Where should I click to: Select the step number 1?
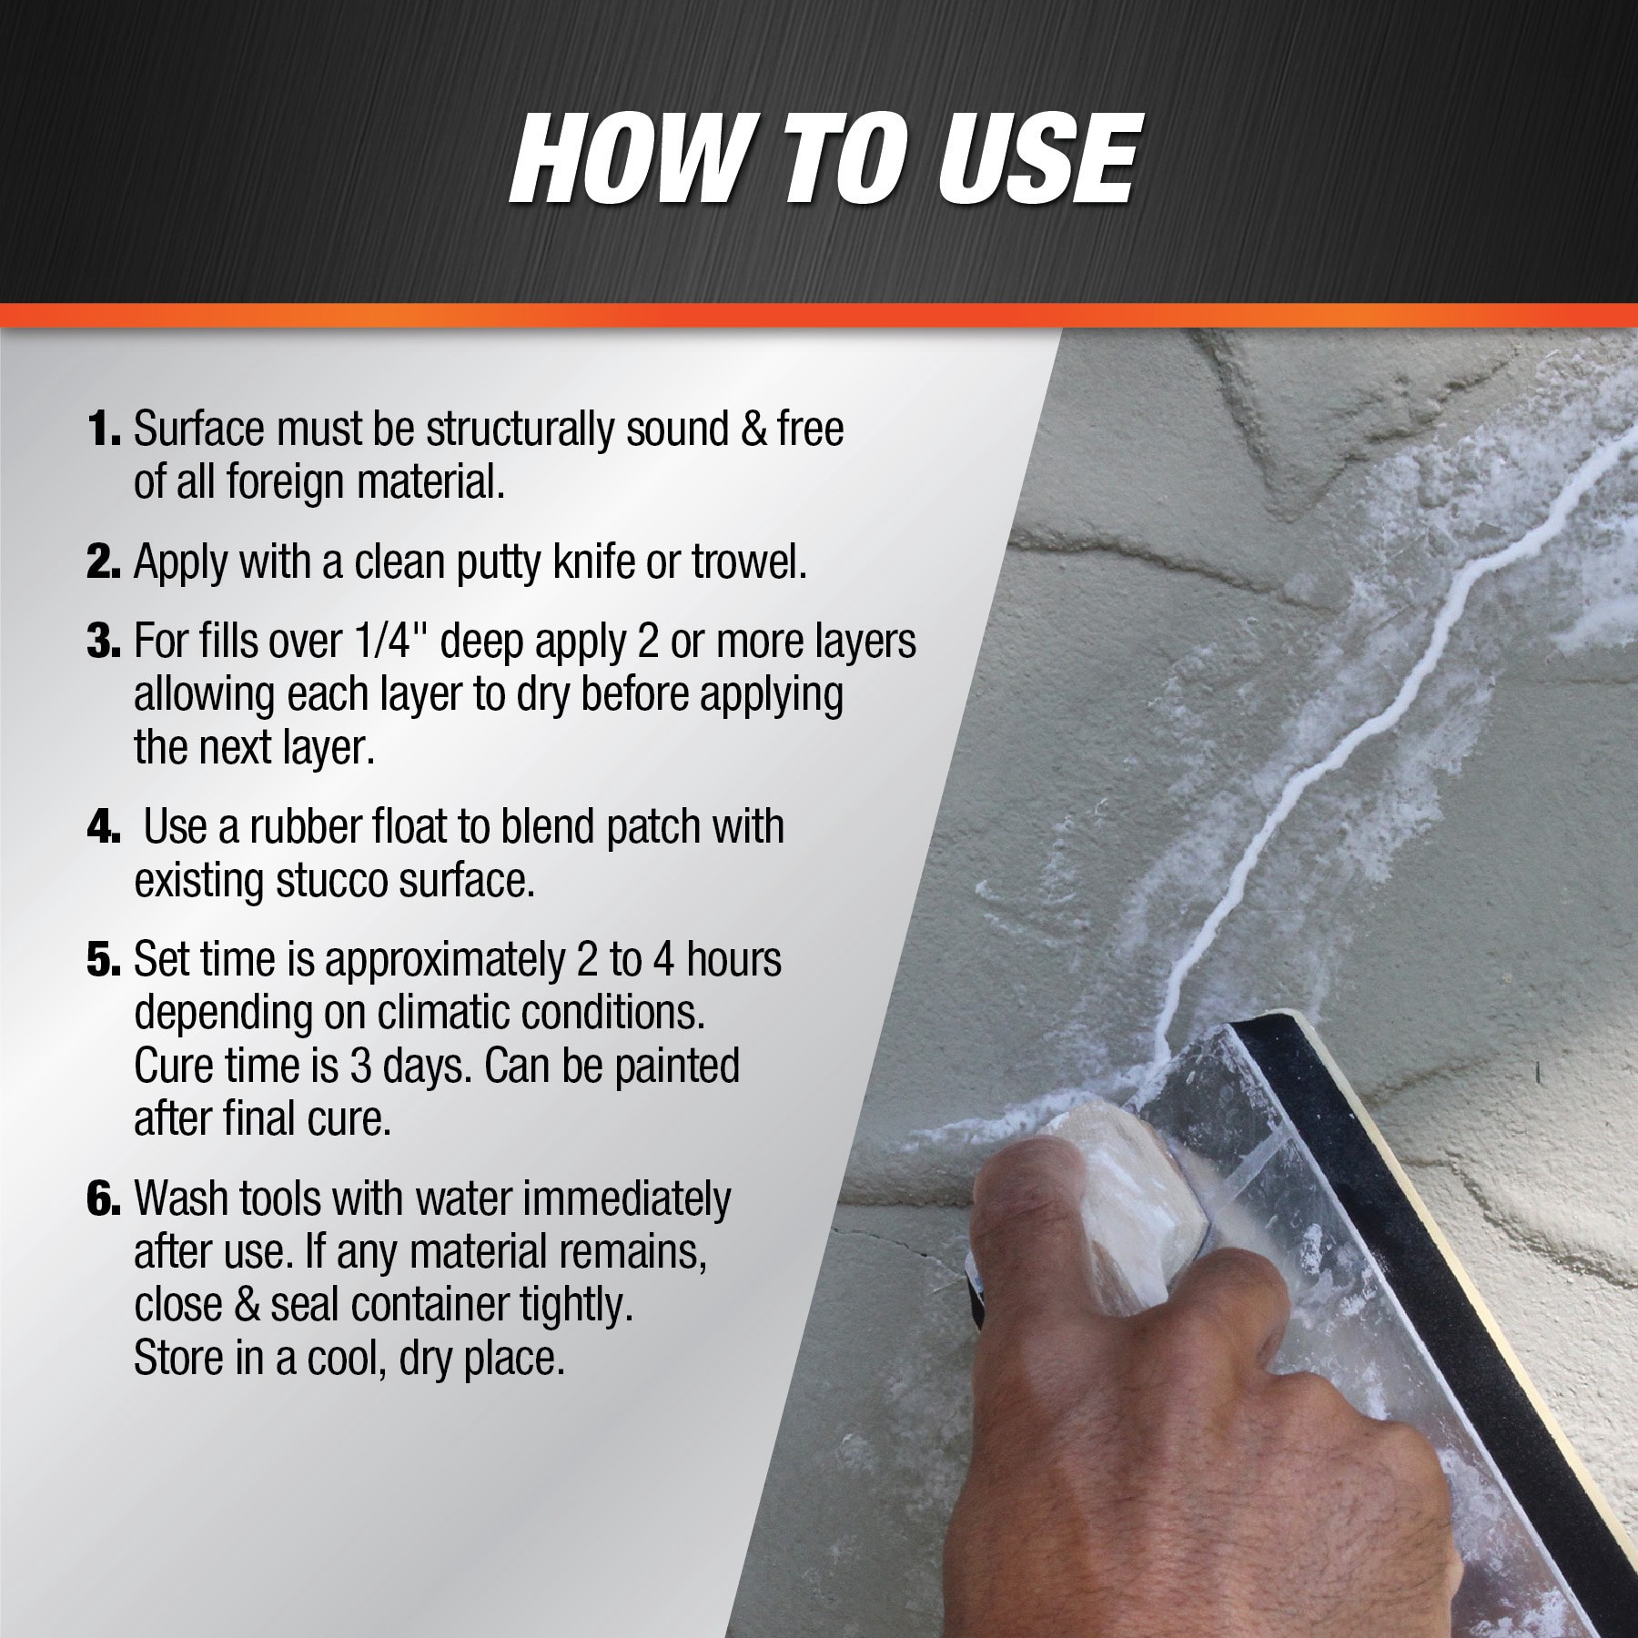[104, 430]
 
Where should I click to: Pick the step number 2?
[104, 563]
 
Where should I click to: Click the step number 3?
[104, 642]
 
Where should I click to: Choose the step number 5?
[104, 961]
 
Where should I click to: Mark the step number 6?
[104, 1199]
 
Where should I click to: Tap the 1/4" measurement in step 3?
[389, 641]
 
